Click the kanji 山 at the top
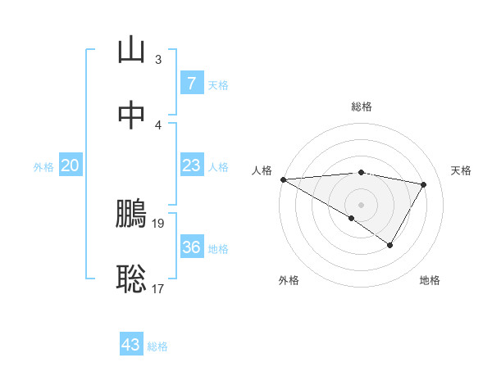click(x=132, y=51)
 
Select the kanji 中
click(x=132, y=115)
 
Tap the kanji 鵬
click(x=132, y=214)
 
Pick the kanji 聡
click(x=132, y=279)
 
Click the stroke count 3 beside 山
click(x=158, y=59)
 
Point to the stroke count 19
click(x=159, y=223)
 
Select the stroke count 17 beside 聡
click(x=158, y=288)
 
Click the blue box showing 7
click(x=191, y=84)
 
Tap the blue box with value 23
click(x=191, y=165)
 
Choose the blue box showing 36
click(x=191, y=247)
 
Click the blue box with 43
click(x=131, y=345)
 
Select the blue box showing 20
click(x=71, y=165)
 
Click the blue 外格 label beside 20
click(x=43, y=166)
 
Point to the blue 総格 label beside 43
click(x=157, y=346)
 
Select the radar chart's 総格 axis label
click(x=362, y=106)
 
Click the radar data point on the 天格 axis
click(x=424, y=184)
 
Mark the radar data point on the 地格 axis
click(x=390, y=245)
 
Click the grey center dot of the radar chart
click(x=362, y=204)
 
